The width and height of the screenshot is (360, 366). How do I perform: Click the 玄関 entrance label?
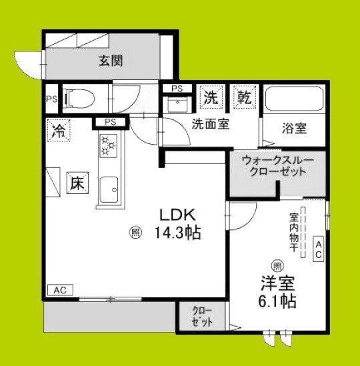[x=111, y=61]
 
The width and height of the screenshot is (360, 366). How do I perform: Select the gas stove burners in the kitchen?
[x=107, y=146]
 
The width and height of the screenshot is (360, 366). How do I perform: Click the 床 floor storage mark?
[x=76, y=182]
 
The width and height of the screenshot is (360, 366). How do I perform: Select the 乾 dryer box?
[x=242, y=97]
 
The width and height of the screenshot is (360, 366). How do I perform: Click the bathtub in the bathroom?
[x=293, y=100]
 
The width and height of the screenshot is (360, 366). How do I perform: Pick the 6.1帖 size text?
[x=279, y=301]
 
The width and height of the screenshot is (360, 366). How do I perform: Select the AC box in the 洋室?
[x=318, y=250]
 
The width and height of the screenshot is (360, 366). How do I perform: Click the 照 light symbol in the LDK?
[x=135, y=233]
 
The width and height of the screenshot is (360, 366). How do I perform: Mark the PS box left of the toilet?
[x=52, y=100]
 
